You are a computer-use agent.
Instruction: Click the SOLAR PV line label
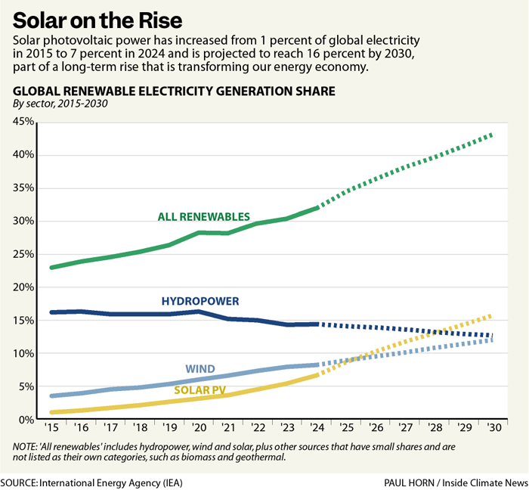(200, 390)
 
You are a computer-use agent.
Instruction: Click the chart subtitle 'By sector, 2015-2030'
(60, 104)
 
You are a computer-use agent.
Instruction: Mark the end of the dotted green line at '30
(491, 134)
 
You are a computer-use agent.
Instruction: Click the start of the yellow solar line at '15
(52, 412)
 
